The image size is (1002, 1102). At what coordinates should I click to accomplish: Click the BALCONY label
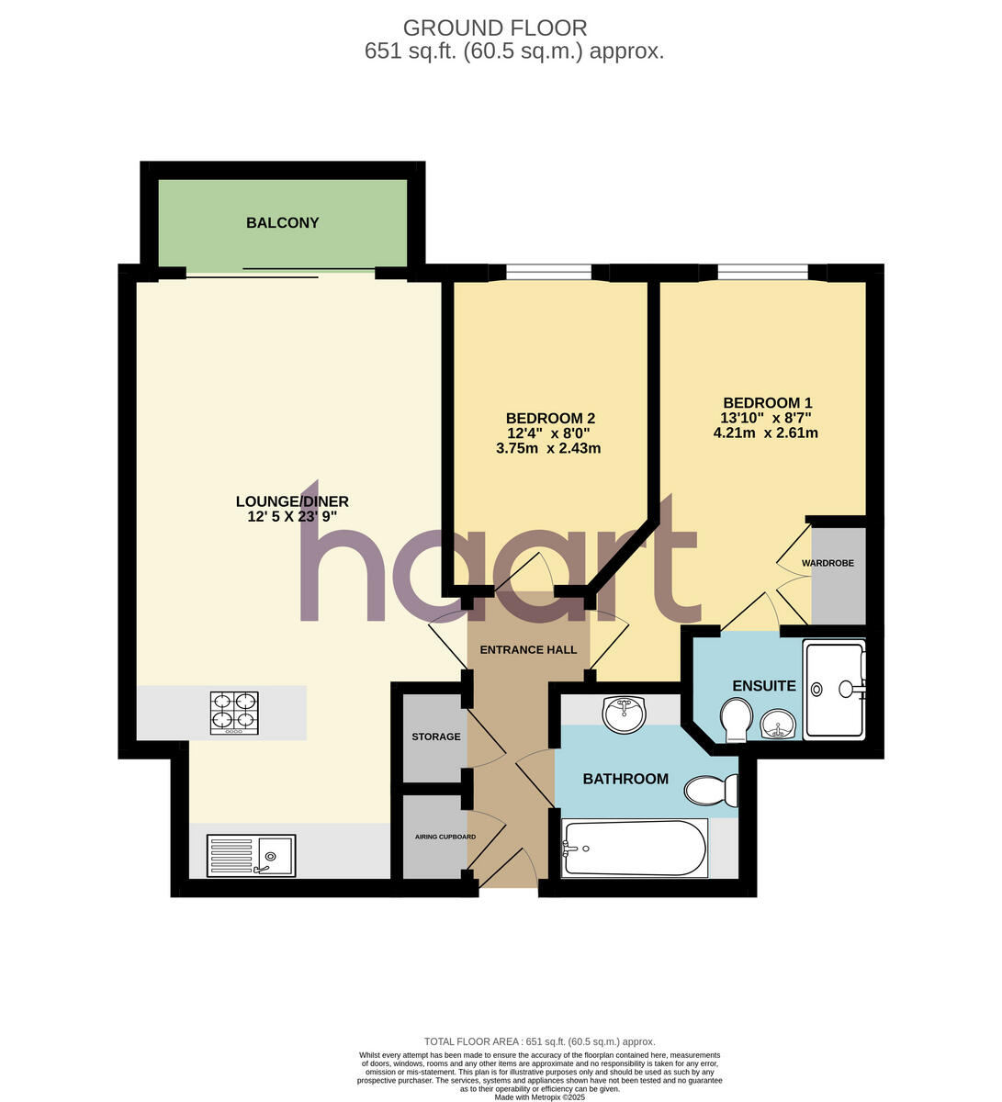pos(282,222)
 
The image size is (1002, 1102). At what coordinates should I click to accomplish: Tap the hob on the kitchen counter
pos(234,713)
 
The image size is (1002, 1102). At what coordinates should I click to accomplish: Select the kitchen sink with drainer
pos(251,856)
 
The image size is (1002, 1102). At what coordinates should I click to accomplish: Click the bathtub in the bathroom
pos(634,849)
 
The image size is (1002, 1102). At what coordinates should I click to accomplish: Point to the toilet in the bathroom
pos(713,789)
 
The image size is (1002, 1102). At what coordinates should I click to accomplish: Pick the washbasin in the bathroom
pos(625,714)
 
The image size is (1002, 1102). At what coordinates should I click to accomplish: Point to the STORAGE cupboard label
pos(435,737)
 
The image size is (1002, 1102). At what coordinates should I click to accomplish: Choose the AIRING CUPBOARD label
pos(445,837)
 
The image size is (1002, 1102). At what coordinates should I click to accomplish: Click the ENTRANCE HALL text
pos(528,649)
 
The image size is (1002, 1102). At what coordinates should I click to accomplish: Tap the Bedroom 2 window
pos(548,271)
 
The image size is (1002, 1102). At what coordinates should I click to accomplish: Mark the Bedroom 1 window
pos(762,271)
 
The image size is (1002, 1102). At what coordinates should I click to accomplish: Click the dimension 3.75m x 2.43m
pos(547,448)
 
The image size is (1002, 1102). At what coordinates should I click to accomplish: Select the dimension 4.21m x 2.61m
pos(765,433)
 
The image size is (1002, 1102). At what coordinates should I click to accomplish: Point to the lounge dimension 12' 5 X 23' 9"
pos(292,517)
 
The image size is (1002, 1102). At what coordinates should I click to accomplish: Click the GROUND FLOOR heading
pos(495,28)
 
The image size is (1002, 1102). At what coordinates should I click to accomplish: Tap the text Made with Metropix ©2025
pos(539,1096)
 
